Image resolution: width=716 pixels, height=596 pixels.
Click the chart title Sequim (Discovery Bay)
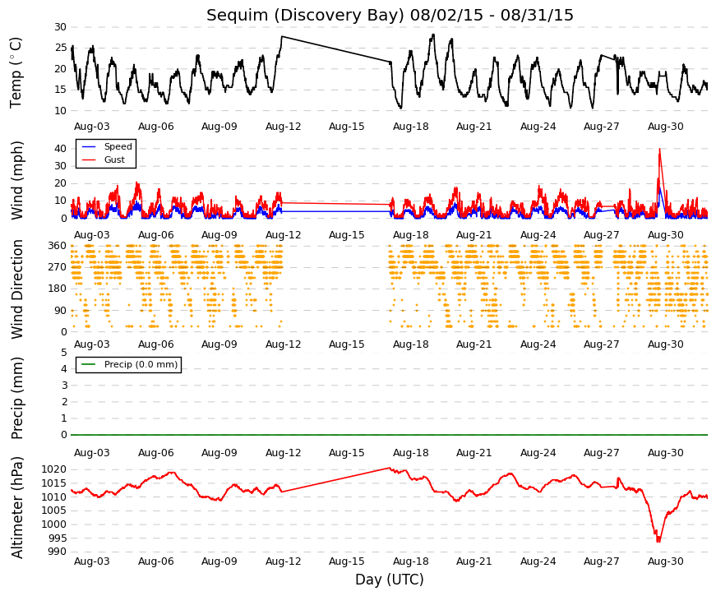coord(306,16)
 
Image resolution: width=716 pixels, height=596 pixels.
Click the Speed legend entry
coord(118,146)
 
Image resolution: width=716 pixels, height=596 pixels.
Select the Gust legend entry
coord(114,159)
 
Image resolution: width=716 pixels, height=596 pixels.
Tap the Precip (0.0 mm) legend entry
coord(141,364)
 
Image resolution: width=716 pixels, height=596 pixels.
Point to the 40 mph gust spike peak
coord(659,149)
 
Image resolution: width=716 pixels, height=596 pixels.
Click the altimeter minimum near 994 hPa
coord(658,541)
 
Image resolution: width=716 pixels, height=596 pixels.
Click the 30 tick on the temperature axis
coord(60,27)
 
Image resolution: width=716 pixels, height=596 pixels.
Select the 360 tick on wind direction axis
coord(58,246)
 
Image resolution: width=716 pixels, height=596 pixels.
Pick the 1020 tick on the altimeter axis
coord(54,469)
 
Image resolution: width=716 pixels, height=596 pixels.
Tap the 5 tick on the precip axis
coord(64,353)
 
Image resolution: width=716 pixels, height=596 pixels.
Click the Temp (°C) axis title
coord(16,72)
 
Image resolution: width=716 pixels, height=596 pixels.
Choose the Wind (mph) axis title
coord(17,180)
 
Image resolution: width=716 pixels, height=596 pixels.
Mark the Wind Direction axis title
coord(17,289)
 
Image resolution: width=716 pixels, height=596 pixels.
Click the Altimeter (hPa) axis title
coord(17,507)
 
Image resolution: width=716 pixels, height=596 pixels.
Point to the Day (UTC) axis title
coord(390,580)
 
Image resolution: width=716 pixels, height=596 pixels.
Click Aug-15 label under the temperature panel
coord(347,127)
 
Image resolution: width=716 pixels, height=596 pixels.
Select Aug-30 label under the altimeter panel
coord(665,561)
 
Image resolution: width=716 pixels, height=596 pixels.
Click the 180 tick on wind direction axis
coord(58,289)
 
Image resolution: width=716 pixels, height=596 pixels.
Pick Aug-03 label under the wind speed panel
coord(92,235)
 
